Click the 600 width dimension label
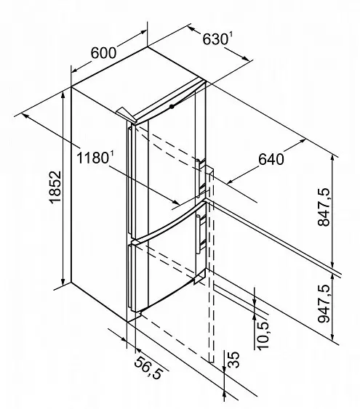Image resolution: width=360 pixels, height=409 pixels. pyautogui.click(x=103, y=53)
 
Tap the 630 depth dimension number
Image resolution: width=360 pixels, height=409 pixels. pyautogui.click(x=215, y=40)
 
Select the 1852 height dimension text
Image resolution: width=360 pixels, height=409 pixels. pyautogui.click(x=55, y=187)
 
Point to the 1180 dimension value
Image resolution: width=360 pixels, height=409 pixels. pyautogui.click(x=92, y=158)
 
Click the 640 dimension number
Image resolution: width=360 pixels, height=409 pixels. pyautogui.click(x=271, y=159)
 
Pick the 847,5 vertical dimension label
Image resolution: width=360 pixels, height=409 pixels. pyautogui.click(x=324, y=207)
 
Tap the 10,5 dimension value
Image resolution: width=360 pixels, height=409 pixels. pyautogui.click(x=263, y=335)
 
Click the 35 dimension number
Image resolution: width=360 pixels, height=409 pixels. pyautogui.click(x=233, y=360)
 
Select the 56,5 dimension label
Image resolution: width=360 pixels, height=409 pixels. pyautogui.click(x=148, y=368)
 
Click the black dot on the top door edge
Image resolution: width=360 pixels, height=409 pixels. pyautogui.click(x=172, y=106)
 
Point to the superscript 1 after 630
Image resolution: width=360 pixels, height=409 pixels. pyautogui.click(x=231, y=36)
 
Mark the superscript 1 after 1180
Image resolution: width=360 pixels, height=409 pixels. pyautogui.click(x=112, y=155)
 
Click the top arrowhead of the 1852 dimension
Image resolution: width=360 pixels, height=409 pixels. pyautogui.click(x=63, y=94)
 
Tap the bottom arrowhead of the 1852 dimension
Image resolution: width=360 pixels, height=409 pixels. pyautogui.click(x=63, y=282)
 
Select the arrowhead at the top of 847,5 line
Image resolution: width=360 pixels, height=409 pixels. pyautogui.click(x=332, y=158)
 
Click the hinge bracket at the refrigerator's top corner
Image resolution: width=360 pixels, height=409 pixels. pyautogui.click(x=126, y=115)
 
